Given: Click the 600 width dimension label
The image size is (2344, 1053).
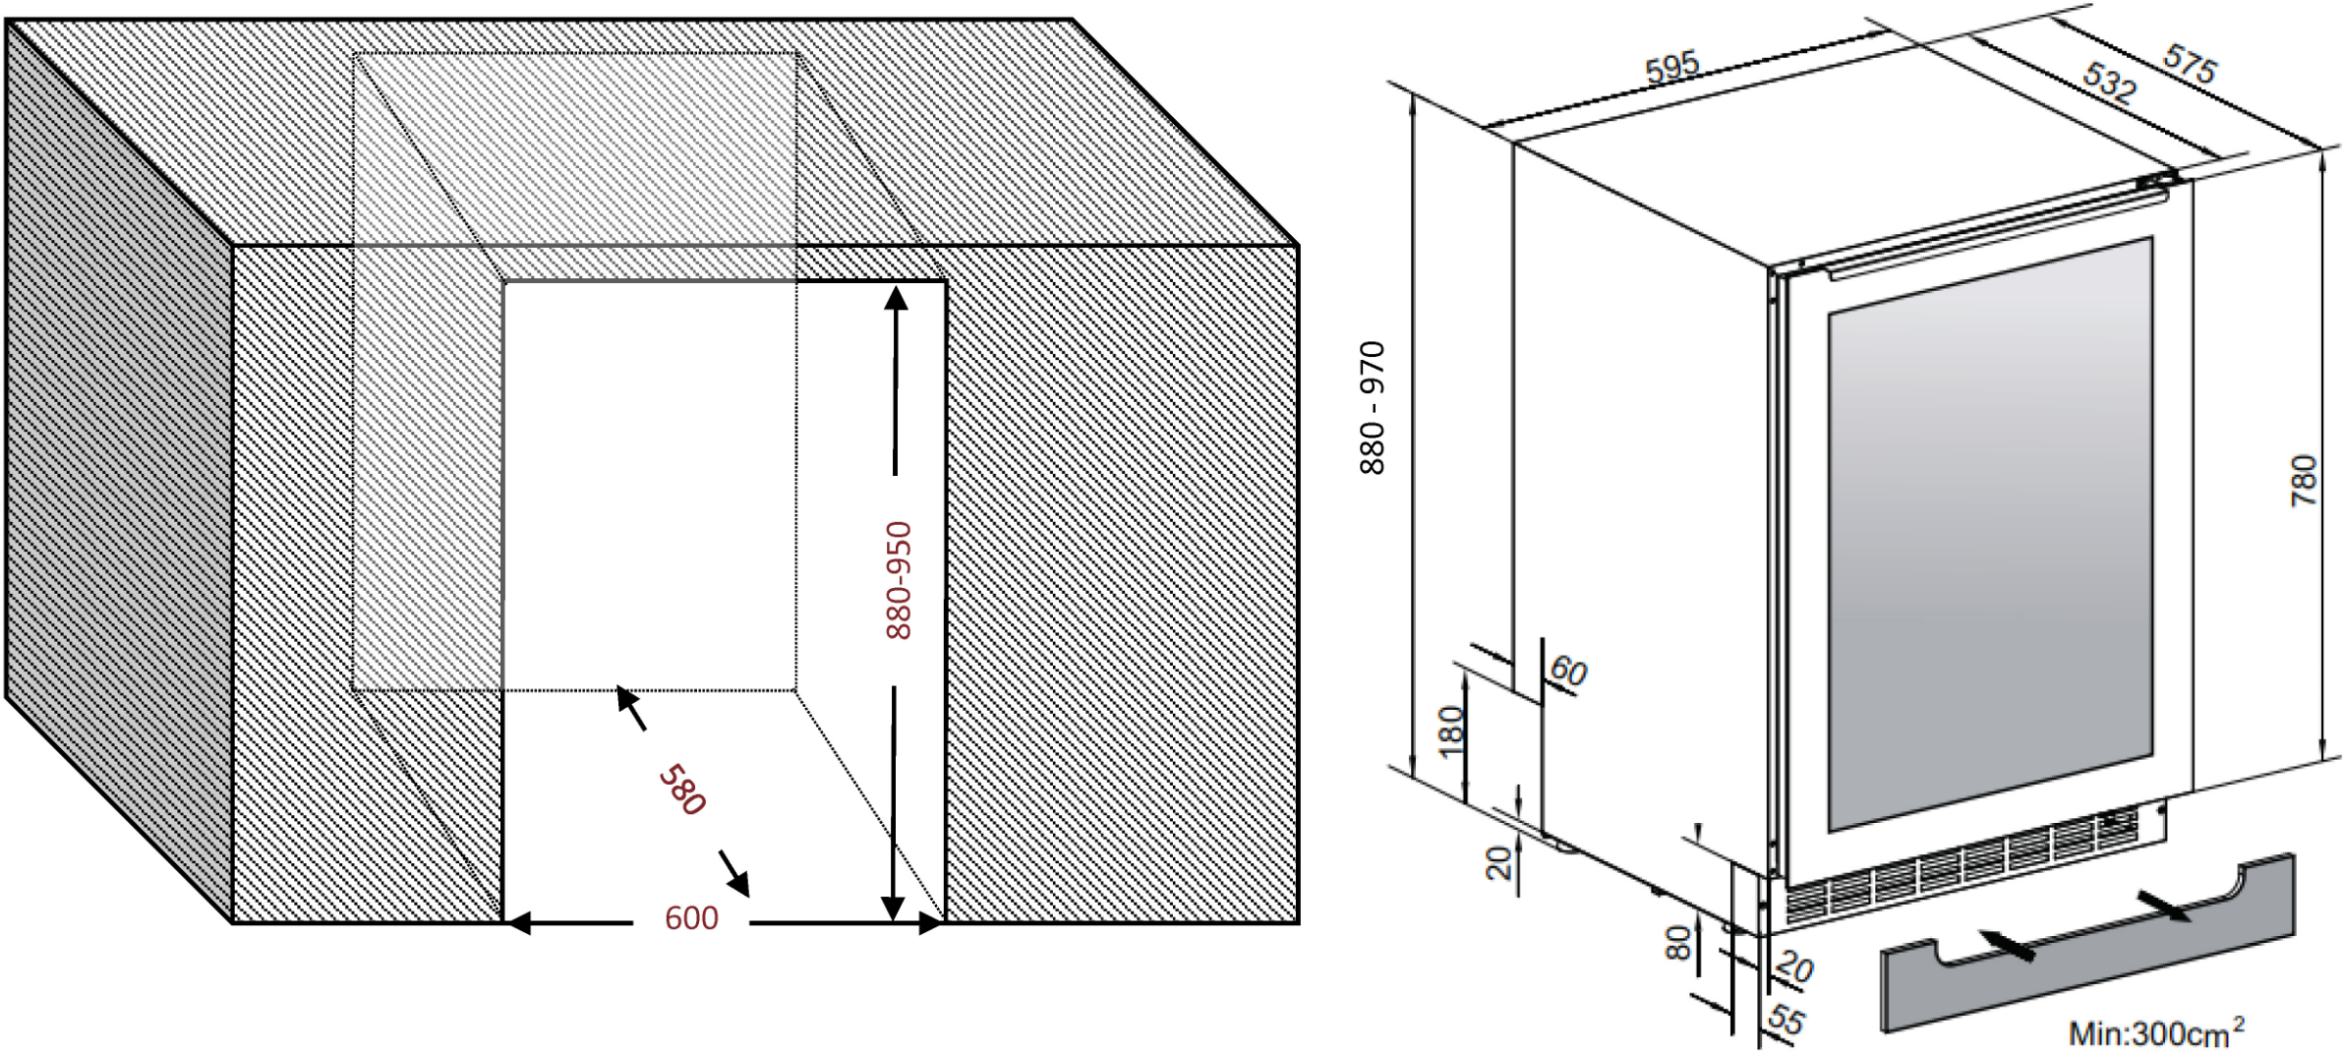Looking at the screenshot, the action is pos(691,918).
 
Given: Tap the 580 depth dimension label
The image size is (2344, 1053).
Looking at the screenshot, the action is pos(682,790).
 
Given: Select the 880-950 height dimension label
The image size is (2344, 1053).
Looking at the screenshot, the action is pos(899,580).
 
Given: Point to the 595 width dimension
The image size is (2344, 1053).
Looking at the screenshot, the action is pos(1671,67).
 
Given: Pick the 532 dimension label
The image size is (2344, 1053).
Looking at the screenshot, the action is pos(2110,82).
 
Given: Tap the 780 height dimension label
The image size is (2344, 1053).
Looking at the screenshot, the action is pos(2304,481).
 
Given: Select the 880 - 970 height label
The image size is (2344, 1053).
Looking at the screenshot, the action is pos(1372,408).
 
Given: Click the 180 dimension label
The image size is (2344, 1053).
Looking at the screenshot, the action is pos(1451,731).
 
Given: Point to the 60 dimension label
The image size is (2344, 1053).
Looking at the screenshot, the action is pos(1568,672).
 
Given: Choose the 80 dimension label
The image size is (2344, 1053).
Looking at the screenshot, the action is pos(1677,943).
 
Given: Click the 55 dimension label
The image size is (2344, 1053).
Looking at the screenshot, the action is pos(1787,1020).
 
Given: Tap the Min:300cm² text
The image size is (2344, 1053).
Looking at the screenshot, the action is pos(2156,1031).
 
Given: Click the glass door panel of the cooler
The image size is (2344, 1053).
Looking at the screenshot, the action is pos(1990,534).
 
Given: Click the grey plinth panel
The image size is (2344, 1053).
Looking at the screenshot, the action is pos(2087,943).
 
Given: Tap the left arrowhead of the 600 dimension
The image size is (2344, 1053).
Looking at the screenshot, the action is pos(517,923).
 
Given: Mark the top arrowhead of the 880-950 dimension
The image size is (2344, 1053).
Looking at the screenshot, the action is pos(896,298).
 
